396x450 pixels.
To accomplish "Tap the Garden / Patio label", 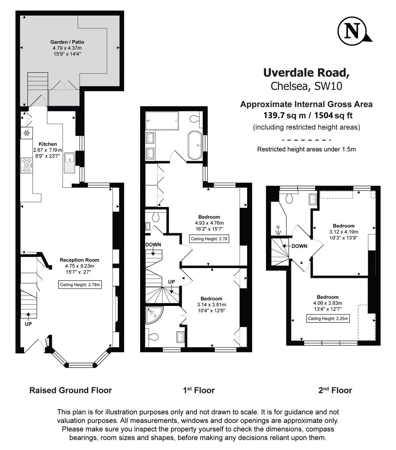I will [x=67, y=42].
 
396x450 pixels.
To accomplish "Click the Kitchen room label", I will [x=48, y=144].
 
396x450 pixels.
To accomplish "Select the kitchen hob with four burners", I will [x=27, y=165].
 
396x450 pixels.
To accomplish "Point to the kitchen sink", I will [x=70, y=163].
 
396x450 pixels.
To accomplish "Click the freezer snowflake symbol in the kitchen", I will [x=27, y=132].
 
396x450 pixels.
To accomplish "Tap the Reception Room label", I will [x=79, y=260].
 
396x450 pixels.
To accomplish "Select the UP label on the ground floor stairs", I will [x=28, y=324].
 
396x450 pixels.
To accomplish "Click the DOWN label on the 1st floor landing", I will [x=153, y=245].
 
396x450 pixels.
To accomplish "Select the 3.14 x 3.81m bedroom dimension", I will [x=211, y=304].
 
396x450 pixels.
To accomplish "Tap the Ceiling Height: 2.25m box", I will [x=328, y=319].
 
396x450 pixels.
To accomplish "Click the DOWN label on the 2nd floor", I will [x=299, y=246].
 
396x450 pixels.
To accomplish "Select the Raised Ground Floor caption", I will [x=70, y=390].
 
